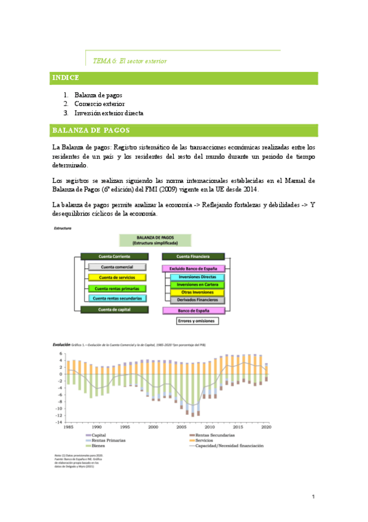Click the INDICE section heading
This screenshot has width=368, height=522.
pos(66,78)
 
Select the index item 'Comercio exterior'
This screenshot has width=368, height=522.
pos(99,104)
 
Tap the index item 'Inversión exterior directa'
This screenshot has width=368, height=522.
pos(109,113)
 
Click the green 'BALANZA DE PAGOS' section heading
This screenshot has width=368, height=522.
pos(90,130)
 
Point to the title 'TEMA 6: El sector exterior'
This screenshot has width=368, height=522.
pos(129,61)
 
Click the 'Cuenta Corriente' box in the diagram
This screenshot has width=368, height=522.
pos(115,256)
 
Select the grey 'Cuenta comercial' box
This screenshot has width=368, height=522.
pos(117,267)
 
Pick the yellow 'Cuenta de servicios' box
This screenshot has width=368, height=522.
pos(117,278)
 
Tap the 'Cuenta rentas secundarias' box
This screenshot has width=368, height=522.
pos(117,299)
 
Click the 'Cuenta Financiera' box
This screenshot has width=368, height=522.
pos(194,256)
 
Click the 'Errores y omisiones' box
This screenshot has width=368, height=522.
pos(194,321)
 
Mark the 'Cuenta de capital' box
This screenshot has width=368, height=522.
pos(115,310)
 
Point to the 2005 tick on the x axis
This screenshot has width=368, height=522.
pos(182,427)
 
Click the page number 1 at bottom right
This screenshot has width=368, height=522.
pos(313,497)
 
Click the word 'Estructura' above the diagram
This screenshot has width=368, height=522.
pos(63,228)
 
